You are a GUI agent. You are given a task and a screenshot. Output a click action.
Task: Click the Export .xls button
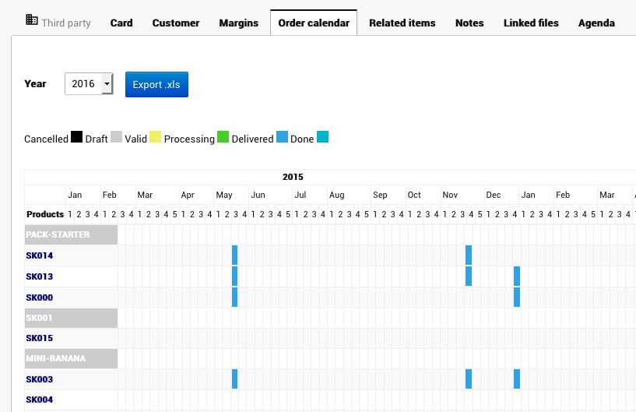pyautogui.click(x=156, y=84)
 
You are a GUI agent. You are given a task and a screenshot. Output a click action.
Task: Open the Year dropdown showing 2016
pyautogui.click(x=89, y=84)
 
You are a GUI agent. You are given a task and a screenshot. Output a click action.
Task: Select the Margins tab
pyautogui.click(x=238, y=23)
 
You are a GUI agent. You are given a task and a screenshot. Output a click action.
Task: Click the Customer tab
pyautogui.click(x=176, y=23)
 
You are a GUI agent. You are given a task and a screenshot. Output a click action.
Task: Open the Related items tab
pyautogui.click(x=402, y=23)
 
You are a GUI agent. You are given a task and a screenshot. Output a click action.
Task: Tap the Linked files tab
pyautogui.click(x=531, y=23)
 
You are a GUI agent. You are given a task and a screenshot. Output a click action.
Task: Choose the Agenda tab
pyautogui.click(x=596, y=23)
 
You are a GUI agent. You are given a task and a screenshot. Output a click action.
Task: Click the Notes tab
pyautogui.click(x=469, y=23)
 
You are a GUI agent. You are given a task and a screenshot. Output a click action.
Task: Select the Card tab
pyautogui.click(x=121, y=23)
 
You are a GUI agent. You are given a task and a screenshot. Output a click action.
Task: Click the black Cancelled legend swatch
pyautogui.click(x=76, y=138)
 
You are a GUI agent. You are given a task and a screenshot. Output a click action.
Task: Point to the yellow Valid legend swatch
pyautogui.click(x=155, y=138)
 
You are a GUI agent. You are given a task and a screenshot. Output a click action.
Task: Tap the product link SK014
pyautogui.click(x=39, y=255)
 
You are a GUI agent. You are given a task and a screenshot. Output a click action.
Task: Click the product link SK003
pyautogui.click(x=39, y=379)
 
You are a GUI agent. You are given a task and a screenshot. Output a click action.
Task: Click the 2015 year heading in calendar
pyautogui.click(x=293, y=177)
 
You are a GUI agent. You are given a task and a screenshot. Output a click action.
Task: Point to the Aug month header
pyautogui.click(x=336, y=195)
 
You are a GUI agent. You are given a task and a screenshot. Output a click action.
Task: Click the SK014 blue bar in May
pyautogui.click(x=234, y=255)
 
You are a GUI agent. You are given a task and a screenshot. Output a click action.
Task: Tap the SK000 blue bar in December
pyautogui.click(x=516, y=297)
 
